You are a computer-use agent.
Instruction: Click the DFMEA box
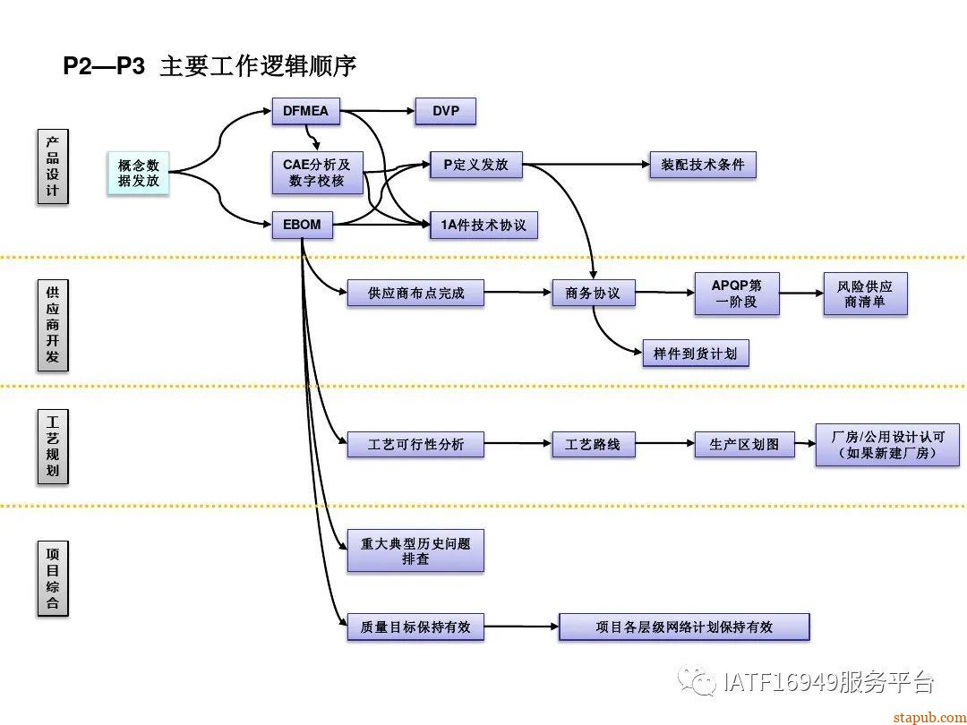pyautogui.click(x=305, y=112)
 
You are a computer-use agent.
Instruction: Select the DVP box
pyautogui.click(x=445, y=112)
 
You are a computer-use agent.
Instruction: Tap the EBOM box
pyautogui.click(x=302, y=225)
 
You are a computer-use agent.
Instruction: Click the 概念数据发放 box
pyautogui.click(x=138, y=173)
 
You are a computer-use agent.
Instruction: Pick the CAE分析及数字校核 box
pyautogui.click(x=317, y=173)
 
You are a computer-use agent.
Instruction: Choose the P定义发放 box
pyautogui.click(x=475, y=165)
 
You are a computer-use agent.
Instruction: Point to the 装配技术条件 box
pyautogui.click(x=703, y=165)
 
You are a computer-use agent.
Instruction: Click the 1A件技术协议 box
pyautogui.click(x=483, y=225)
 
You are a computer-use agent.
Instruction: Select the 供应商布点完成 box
pyautogui.click(x=415, y=293)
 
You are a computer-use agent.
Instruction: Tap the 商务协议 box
pyautogui.click(x=593, y=293)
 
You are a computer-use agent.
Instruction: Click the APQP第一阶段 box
pyautogui.click(x=737, y=294)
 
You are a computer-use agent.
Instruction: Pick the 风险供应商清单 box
pyautogui.click(x=865, y=294)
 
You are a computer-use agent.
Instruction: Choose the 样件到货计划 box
pyautogui.click(x=695, y=353)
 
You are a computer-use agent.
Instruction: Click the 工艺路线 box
pyautogui.click(x=593, y=444)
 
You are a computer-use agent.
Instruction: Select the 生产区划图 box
pyautogui.click(x=744, y=444)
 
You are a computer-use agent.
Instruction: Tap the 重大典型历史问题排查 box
pyautogui.click(x=415, y=550)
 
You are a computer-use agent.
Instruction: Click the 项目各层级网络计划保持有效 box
pyautogui.click(x=683, y=627)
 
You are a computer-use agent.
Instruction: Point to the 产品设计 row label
pyautogui.click(x=53, y=166)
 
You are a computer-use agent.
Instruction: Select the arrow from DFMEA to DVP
pyautogui.click(x=379, y=112)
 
